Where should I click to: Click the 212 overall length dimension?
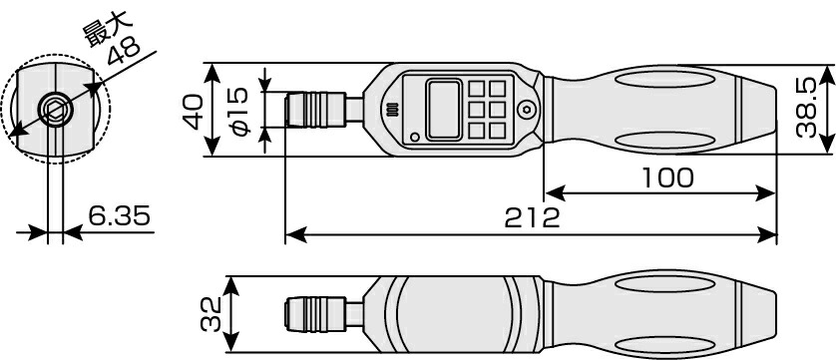point(532,217)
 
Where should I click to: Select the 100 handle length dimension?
point(667,179)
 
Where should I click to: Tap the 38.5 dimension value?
point(806,109)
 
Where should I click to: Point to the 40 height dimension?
point(193,111)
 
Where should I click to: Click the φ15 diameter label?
point(239,111)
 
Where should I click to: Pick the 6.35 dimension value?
point(119,216)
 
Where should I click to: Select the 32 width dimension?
point(211,315)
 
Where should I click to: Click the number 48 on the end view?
point(124,51)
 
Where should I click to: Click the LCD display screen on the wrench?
point(444,110)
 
